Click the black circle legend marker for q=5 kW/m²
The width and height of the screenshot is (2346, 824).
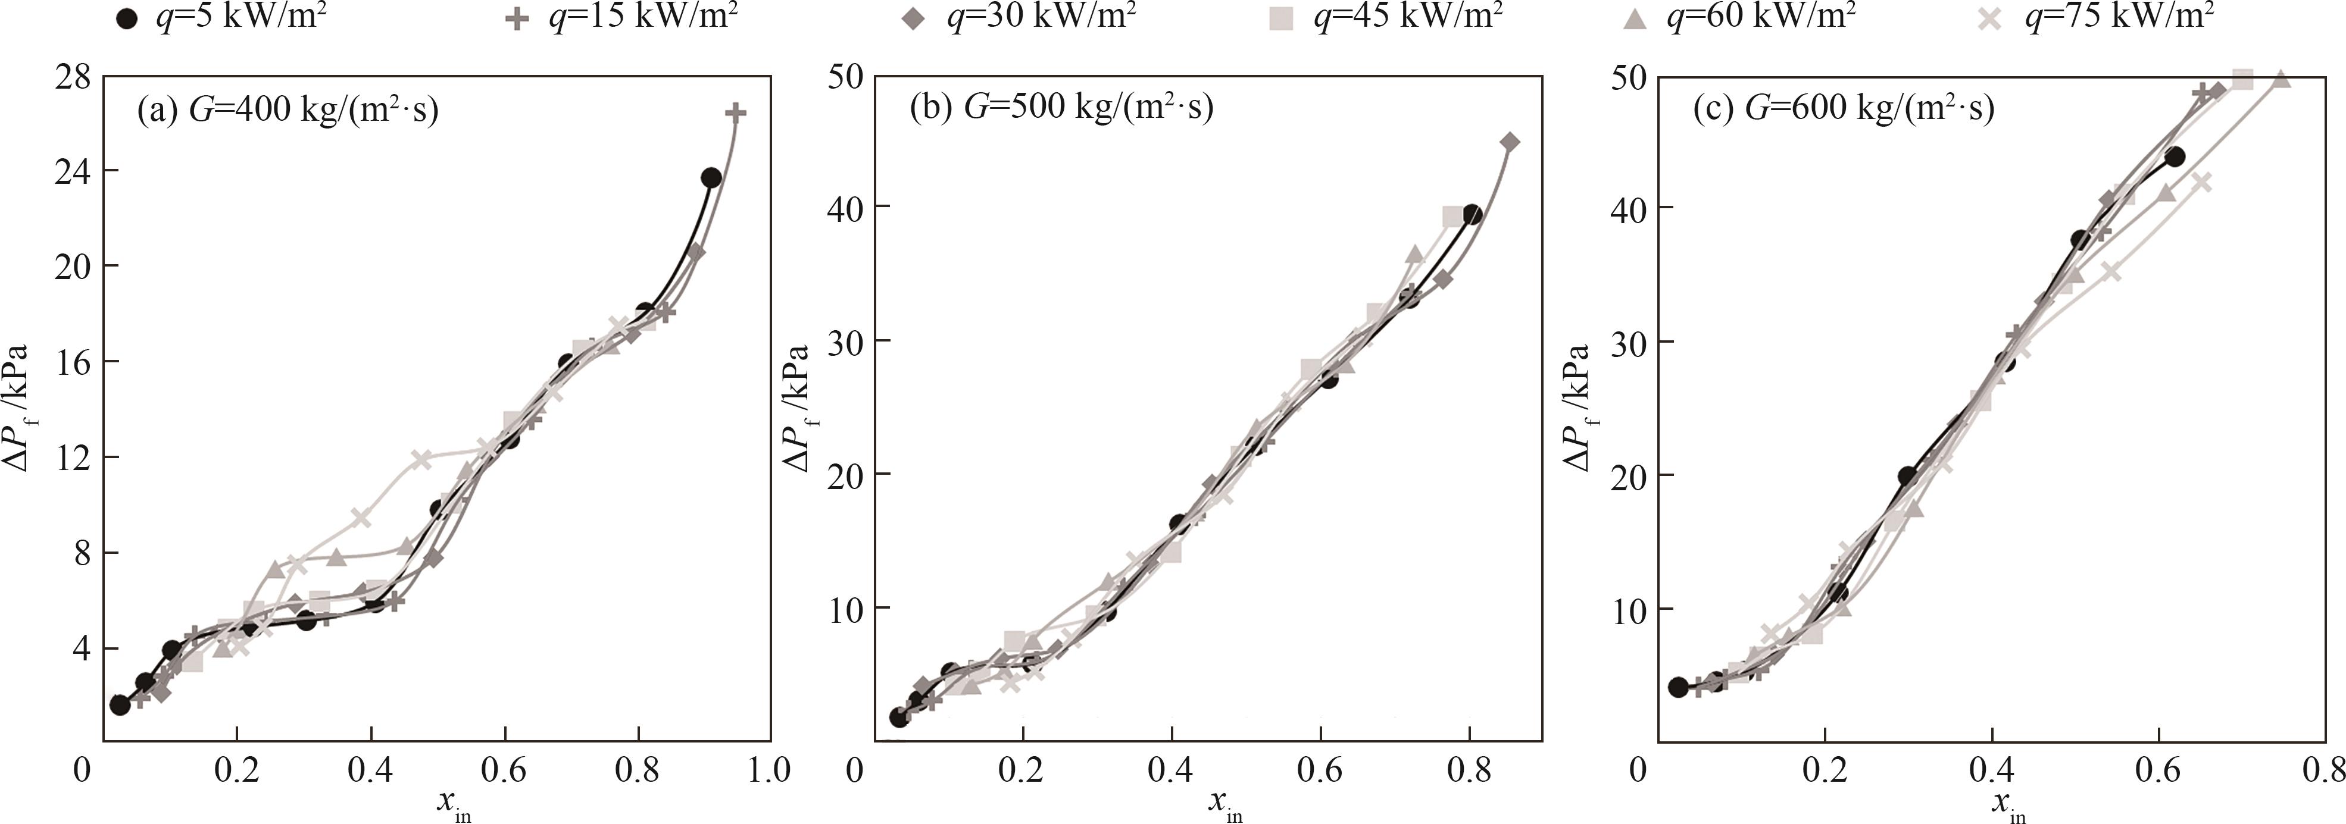(129, 18)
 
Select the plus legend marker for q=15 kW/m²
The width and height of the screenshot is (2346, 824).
(517, 18)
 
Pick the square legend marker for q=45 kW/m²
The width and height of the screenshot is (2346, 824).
(1282, 18)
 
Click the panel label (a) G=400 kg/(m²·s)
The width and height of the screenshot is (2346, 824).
(287, 110)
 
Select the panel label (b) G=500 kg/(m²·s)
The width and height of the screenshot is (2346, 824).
(1061, 108)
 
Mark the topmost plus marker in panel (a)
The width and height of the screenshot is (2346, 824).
(736, 112)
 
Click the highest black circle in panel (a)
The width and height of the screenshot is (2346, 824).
(711, 177)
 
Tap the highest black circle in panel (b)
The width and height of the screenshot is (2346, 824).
(1472, 215)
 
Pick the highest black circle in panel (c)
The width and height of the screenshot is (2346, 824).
(2175, 156)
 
